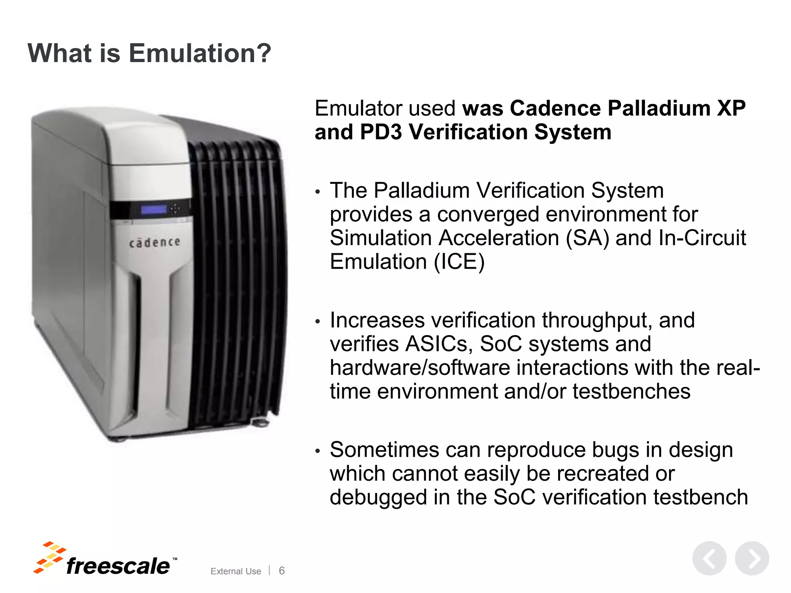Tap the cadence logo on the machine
click(x=154, y=242)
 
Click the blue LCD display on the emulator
click(x=154, y=210)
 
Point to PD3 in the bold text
click(x=381, y=132)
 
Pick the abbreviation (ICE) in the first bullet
click(x=459, y=262)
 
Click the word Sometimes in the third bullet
click(x=385, y=450)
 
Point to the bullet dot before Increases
click(x=317, y=321)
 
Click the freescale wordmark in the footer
click(x=118, y=566)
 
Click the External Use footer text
click(x=236, y=571)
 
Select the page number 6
click(x=282, y=571)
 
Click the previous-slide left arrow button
click(x=709, y=558)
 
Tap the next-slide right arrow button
click(x=752, y=558)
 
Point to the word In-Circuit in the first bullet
click(x=702, y=238)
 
